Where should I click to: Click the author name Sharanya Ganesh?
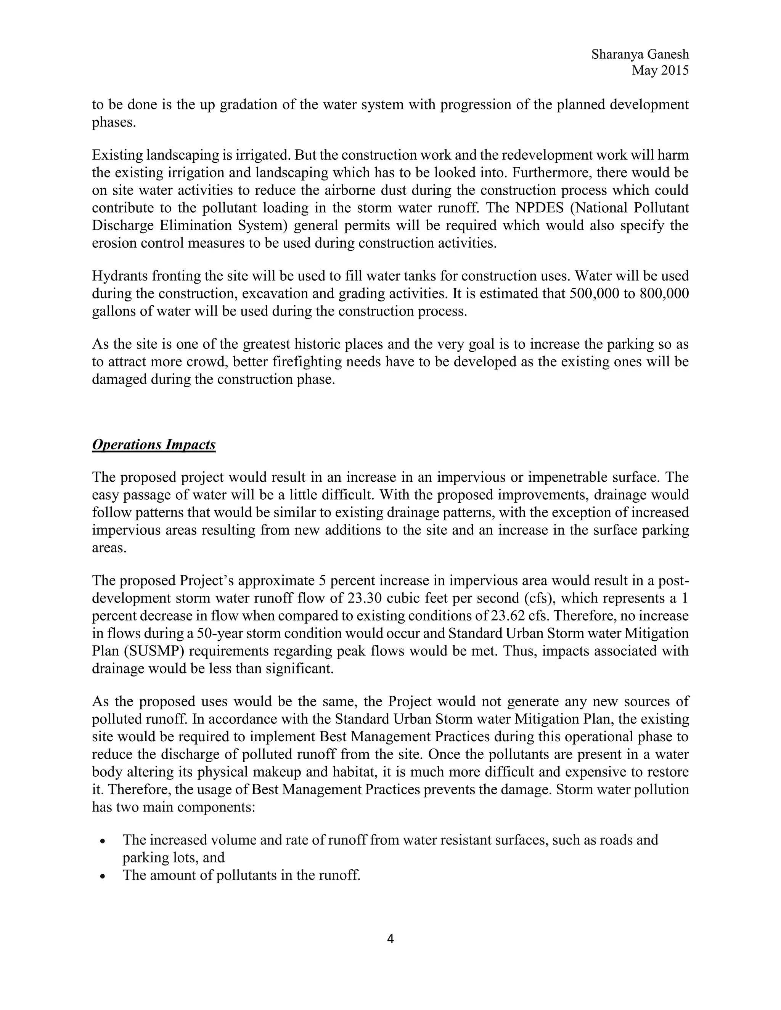coord(640,55)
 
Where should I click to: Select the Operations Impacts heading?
coord(154,444)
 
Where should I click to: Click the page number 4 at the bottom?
coord(390,939)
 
